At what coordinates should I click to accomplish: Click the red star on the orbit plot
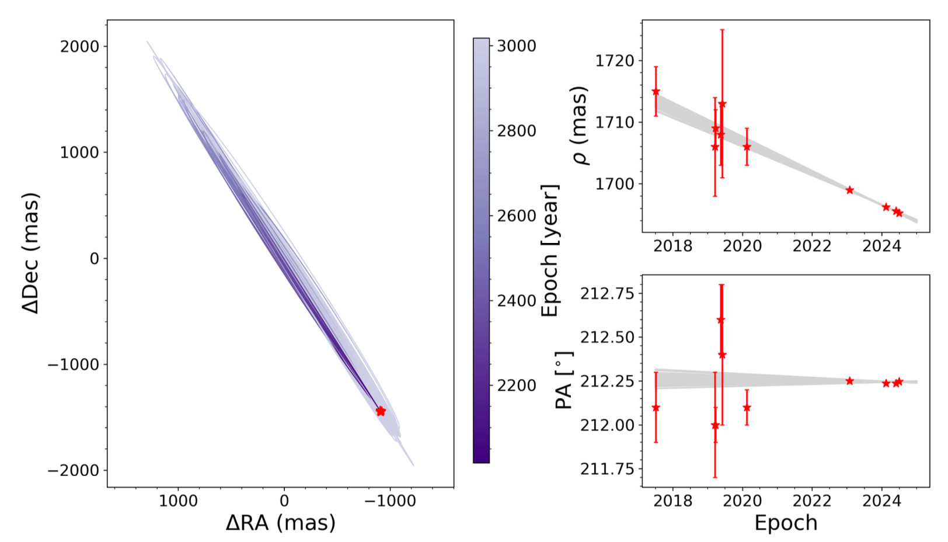[381, 411]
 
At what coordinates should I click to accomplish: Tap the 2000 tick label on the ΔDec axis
[79, 47]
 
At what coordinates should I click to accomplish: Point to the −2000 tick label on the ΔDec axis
[74, 470]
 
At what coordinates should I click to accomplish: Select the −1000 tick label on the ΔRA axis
[390, 501]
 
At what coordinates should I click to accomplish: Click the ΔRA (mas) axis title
[281, 522]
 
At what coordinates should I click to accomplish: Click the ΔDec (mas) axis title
[30, 253]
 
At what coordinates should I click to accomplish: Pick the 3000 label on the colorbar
[516, 46]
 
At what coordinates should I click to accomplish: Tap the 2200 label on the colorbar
[516, 385]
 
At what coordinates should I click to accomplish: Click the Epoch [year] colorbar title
[550, 251]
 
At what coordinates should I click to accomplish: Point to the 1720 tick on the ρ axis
[614, 61]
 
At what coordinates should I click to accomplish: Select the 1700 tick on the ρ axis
[614, 184]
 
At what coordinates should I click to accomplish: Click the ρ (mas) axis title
[580, 126]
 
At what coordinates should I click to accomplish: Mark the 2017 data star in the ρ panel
[656, 92]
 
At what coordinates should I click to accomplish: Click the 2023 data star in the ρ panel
[849, 190]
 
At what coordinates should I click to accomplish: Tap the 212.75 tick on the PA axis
[607, 293]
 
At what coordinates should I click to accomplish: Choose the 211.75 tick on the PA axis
[607, 469]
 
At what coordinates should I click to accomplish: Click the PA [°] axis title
[564, 380]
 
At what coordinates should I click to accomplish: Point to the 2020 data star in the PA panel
[747, 408]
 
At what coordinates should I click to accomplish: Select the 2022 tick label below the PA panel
[811, 501]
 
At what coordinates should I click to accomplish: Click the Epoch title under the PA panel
[786, 523]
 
